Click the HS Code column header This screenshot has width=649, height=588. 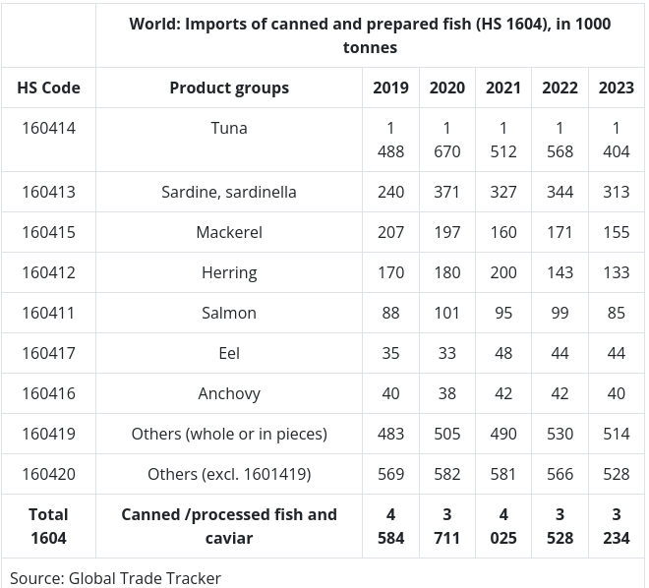tap(48, 88)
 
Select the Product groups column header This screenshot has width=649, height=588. tap(229, 88)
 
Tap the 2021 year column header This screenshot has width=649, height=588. tap(503, 88)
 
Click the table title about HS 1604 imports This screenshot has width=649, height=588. tap(370, 34)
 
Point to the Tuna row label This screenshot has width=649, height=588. tap(229, 128)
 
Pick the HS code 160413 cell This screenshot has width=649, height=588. tap(48, 192)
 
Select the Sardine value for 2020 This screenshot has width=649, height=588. tap(446, 192)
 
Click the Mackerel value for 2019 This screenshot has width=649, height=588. tap(390, 232)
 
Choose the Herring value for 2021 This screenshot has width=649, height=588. tap(503, 272)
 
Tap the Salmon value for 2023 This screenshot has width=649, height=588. tap(617, 313)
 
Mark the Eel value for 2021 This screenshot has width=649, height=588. tap(503, 353)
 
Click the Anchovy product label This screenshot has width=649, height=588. tap(229, 393)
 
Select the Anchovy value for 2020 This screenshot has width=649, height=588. tap(446, 393)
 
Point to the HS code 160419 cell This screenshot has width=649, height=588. tap(48, 434)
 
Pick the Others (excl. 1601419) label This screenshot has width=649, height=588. tap(229, 474)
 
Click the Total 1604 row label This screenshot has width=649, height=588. tap(48, 526)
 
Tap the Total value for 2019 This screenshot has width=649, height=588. tap(390, 526)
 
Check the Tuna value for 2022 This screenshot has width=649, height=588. tap(560, 140)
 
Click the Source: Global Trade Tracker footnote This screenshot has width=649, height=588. tap(116, 578)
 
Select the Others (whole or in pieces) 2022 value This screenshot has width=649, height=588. tap(560, 434)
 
